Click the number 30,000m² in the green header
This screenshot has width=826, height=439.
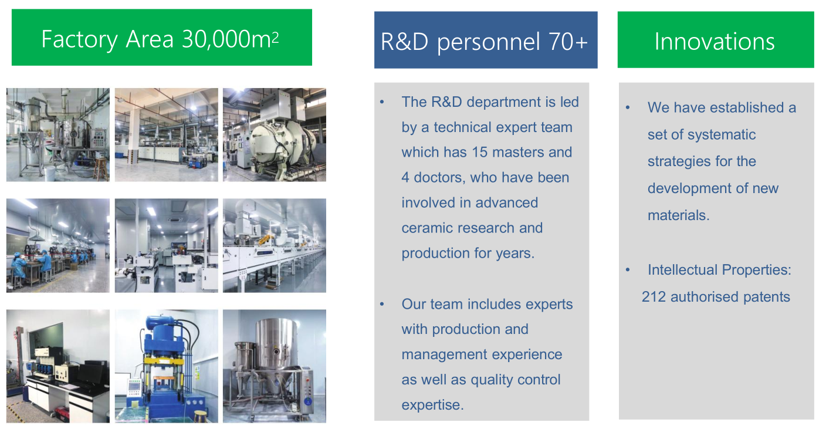click(230, 39)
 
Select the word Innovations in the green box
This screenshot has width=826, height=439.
click(715, 41)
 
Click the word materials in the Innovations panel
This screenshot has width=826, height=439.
click(679, 215)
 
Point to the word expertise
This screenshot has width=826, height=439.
click(432, 405)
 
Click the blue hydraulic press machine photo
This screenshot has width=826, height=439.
click(166, 366)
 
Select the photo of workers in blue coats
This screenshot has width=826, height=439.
click(58, 246)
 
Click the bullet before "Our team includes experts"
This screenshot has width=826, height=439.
click(382, 305)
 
